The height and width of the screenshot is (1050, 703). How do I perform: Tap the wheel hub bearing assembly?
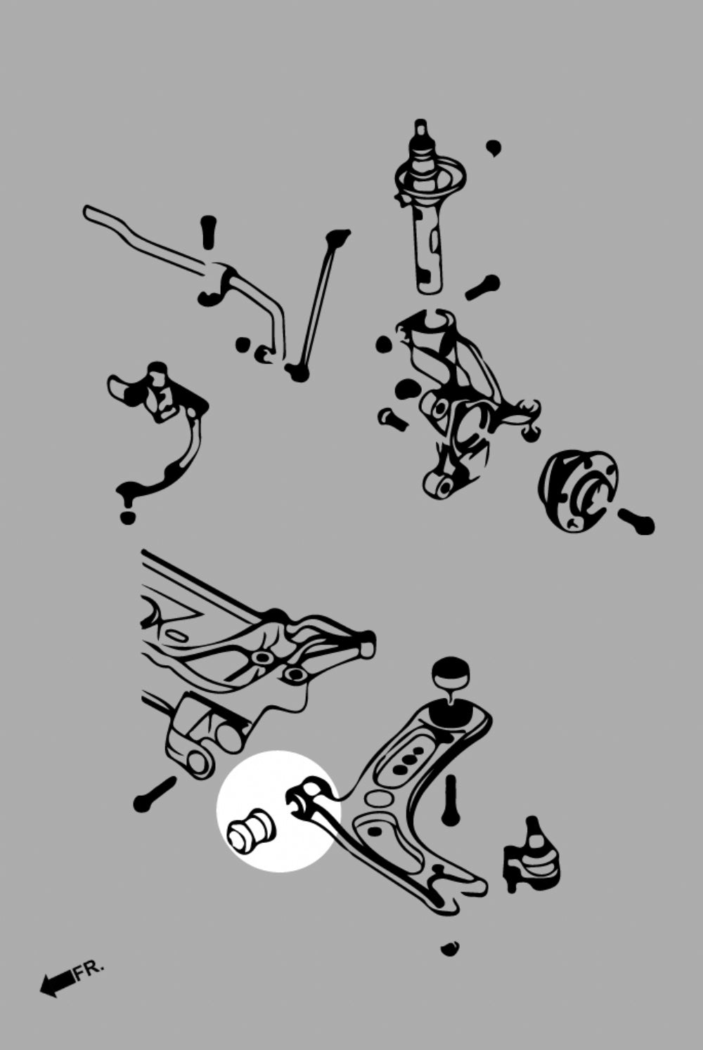(578, 490)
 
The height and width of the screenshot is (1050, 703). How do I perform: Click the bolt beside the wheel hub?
(637, 521)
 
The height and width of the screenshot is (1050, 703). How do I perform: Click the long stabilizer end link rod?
(317, 305)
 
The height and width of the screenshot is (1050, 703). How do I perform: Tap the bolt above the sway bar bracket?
(207, 232)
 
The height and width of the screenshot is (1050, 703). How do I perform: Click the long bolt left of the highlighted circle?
(155, 794)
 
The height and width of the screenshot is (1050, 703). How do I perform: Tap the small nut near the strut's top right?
(494, 148)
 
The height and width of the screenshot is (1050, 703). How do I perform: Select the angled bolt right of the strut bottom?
(482, 287)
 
